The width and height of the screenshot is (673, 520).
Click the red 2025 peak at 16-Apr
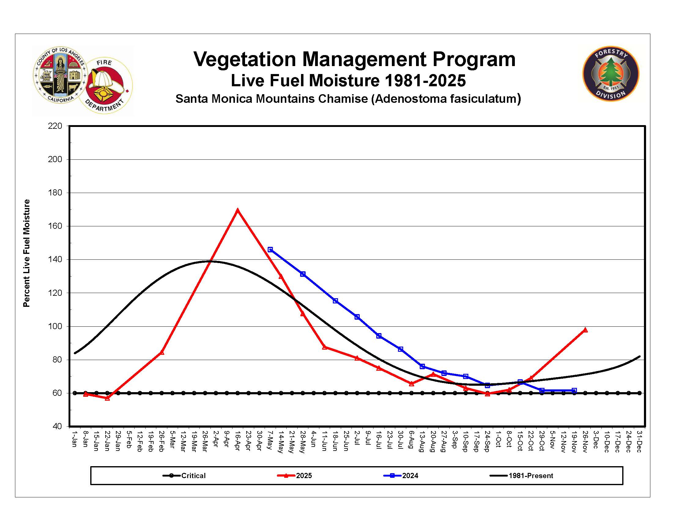pyautogui.click(x=237, y=210)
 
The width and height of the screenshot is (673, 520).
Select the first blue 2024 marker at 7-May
pyautogui.click(x=270, y=250)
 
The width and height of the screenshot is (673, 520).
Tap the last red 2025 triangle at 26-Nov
pyautogui.click(x=585, y=330)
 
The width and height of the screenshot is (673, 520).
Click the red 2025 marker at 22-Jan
pyautogui.click(x=107, y=398)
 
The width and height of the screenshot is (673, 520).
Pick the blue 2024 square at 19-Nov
pyautogui.click(x=574, y=391)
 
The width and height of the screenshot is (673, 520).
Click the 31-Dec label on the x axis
pyautogui.click(x=639, y=441)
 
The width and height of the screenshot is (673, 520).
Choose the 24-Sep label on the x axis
pyautogui.click(x=487, y=441)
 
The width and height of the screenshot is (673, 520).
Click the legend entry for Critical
pyautogui.click(x=193, y=476)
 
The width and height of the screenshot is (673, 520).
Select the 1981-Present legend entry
pyautogui.click(x=530, y=476)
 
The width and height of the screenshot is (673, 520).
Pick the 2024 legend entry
pyautogui.click(x=410, y=476)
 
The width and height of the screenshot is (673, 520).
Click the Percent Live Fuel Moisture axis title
pyautogui.click(x=27, y=253)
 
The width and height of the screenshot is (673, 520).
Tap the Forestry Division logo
pyautogui.click(x=611, y=74)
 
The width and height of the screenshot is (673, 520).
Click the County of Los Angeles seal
pyautogui.click(x=60, y=75)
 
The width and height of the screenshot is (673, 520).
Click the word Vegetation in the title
pyautogui.click(x=245, y=59)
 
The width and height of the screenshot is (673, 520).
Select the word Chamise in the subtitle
pyautogui.click(x=350, y=99)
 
